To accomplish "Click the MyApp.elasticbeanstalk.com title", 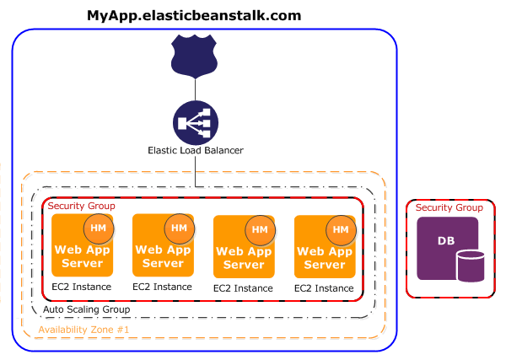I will [195, 15].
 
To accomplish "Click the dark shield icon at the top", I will [195, 56].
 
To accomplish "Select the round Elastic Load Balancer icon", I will [195, 122].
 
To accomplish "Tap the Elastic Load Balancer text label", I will [195, 151].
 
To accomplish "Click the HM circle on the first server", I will [99, 228].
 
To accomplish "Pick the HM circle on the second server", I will [179, 228].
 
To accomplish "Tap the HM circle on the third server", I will [260, 229].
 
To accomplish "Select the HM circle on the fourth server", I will [341, 229].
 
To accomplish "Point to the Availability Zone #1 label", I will [83, 327].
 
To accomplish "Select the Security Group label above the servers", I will [81, 206].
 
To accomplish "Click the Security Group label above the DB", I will [449, 207].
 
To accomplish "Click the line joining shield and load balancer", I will [195, 89].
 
